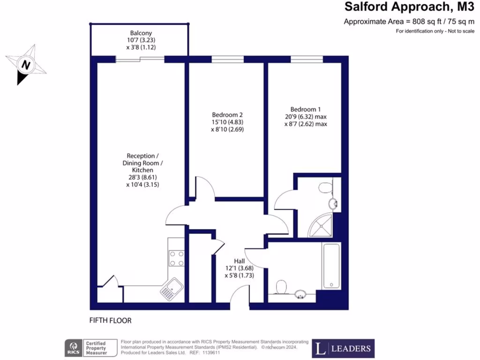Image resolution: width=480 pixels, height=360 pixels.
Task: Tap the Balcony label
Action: tap(141, 33)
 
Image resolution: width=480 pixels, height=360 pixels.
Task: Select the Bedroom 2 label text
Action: tap(227, 115)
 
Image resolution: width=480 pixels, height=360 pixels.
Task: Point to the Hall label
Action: tap(240, 261)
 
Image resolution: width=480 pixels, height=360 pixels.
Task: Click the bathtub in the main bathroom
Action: tap(331, 265)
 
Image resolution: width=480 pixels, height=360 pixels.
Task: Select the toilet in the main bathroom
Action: tap(282, 286)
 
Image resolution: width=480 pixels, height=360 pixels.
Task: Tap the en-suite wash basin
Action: tap(334, 204)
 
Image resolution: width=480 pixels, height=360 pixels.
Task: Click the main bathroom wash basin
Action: tap(300, 294)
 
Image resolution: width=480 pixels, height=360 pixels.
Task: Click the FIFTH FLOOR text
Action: tap(110, 321)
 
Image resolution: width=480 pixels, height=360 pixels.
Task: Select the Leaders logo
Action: tap(344, 348)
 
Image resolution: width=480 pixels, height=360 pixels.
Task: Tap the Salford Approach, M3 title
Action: tap(406, 7)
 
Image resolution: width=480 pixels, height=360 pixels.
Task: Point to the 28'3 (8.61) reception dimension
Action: tap(142, 178)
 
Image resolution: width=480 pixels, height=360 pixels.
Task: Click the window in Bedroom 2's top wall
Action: tap(227, 59)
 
